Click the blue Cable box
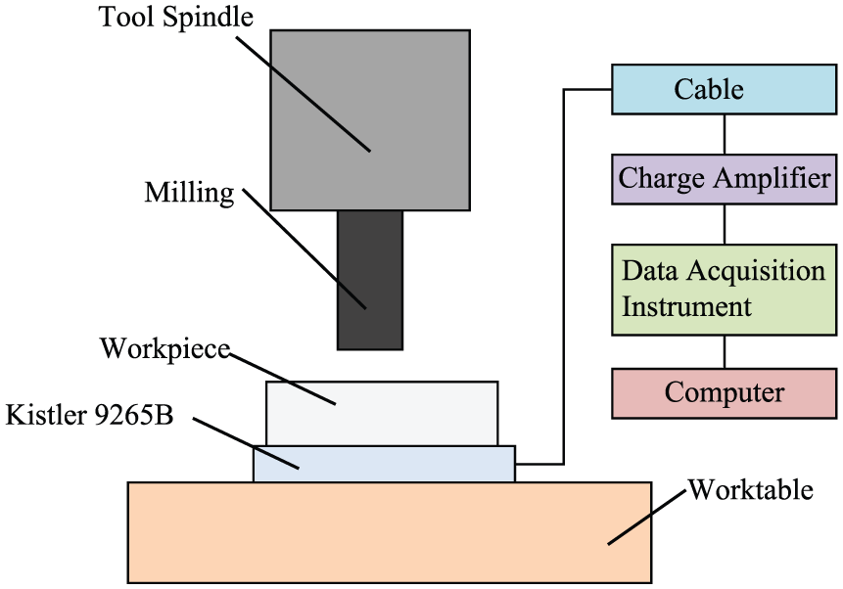tap(725, 89)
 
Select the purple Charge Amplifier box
tap(725, 179)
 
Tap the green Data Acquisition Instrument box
tap(725, 291)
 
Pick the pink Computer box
tap(725, 393)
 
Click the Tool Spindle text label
tap(176, 17)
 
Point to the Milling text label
tap(189, 194)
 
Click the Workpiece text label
tap(165, 349)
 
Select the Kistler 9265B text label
tap(89, 415)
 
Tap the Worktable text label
tap(751, 489)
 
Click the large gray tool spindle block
tap(370, 119)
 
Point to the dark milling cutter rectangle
tap(370, 280)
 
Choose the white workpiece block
tap(382, 413)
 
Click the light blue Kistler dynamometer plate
tap(385, 464)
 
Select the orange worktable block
tap(390, 532)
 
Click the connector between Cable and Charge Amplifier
tap(725, 134)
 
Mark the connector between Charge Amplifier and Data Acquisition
tap(725, 225)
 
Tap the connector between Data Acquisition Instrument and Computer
tap(725, 352)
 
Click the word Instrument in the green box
tap(686, 307)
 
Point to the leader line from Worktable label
tap(647, 517)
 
